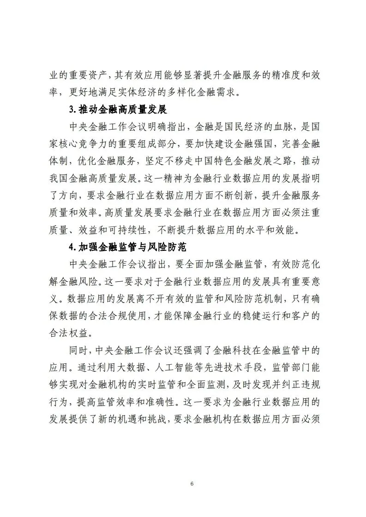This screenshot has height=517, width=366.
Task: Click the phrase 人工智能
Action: [157, 366]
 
